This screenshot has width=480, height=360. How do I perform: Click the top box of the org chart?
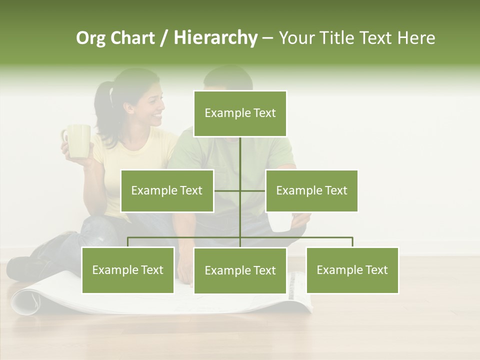point(240,113)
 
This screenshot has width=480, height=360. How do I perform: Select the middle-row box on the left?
point(167,190)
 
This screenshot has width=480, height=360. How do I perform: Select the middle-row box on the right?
point(311,190)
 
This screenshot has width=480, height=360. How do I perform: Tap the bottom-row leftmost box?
point(128,270)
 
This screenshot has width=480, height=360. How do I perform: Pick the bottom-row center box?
point(240,270)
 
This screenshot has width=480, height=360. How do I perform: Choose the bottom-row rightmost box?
point(352,270)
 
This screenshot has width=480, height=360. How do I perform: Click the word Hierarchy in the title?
point(215,38)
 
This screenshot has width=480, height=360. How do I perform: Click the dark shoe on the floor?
point(22,267)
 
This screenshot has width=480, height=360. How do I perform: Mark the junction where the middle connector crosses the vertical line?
point(240,190)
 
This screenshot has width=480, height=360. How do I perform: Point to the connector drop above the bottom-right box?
point(352,242)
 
